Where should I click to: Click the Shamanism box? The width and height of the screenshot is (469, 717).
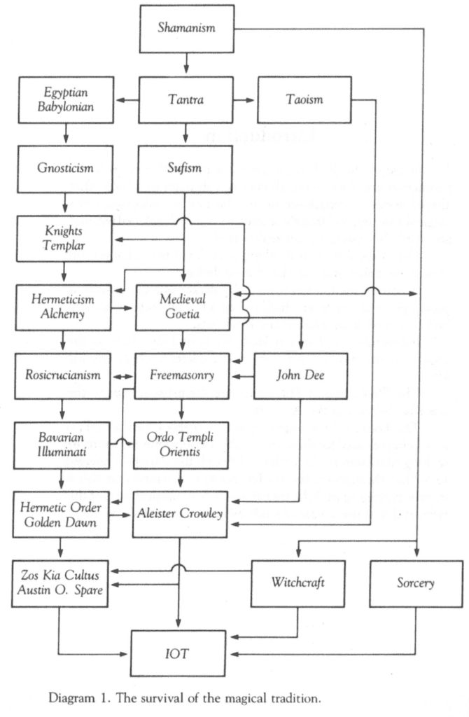pos(185,29)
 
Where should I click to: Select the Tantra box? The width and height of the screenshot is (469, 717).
pos(185,101)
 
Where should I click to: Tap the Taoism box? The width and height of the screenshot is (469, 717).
pos(303,101)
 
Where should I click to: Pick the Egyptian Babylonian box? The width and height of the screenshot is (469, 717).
pos(66,101)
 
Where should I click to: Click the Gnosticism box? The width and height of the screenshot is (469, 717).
pos(66,169)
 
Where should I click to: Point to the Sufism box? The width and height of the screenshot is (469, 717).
pos(185,169)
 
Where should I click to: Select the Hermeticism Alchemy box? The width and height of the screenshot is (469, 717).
pos(66,307)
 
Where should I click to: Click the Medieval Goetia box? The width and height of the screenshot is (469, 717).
pos(185,307)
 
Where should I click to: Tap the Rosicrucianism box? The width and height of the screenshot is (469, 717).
pos(66,375)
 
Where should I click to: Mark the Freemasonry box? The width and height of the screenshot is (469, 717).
pos(185,375)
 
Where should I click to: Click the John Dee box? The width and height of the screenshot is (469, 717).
pos(303,375)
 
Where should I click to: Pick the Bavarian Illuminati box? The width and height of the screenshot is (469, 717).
pos(66,445)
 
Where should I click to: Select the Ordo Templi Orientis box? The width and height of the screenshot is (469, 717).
pos(185,445)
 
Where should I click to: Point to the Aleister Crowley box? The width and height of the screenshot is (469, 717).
pos(185,514)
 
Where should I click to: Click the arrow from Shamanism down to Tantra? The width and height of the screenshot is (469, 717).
pos(185,64)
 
